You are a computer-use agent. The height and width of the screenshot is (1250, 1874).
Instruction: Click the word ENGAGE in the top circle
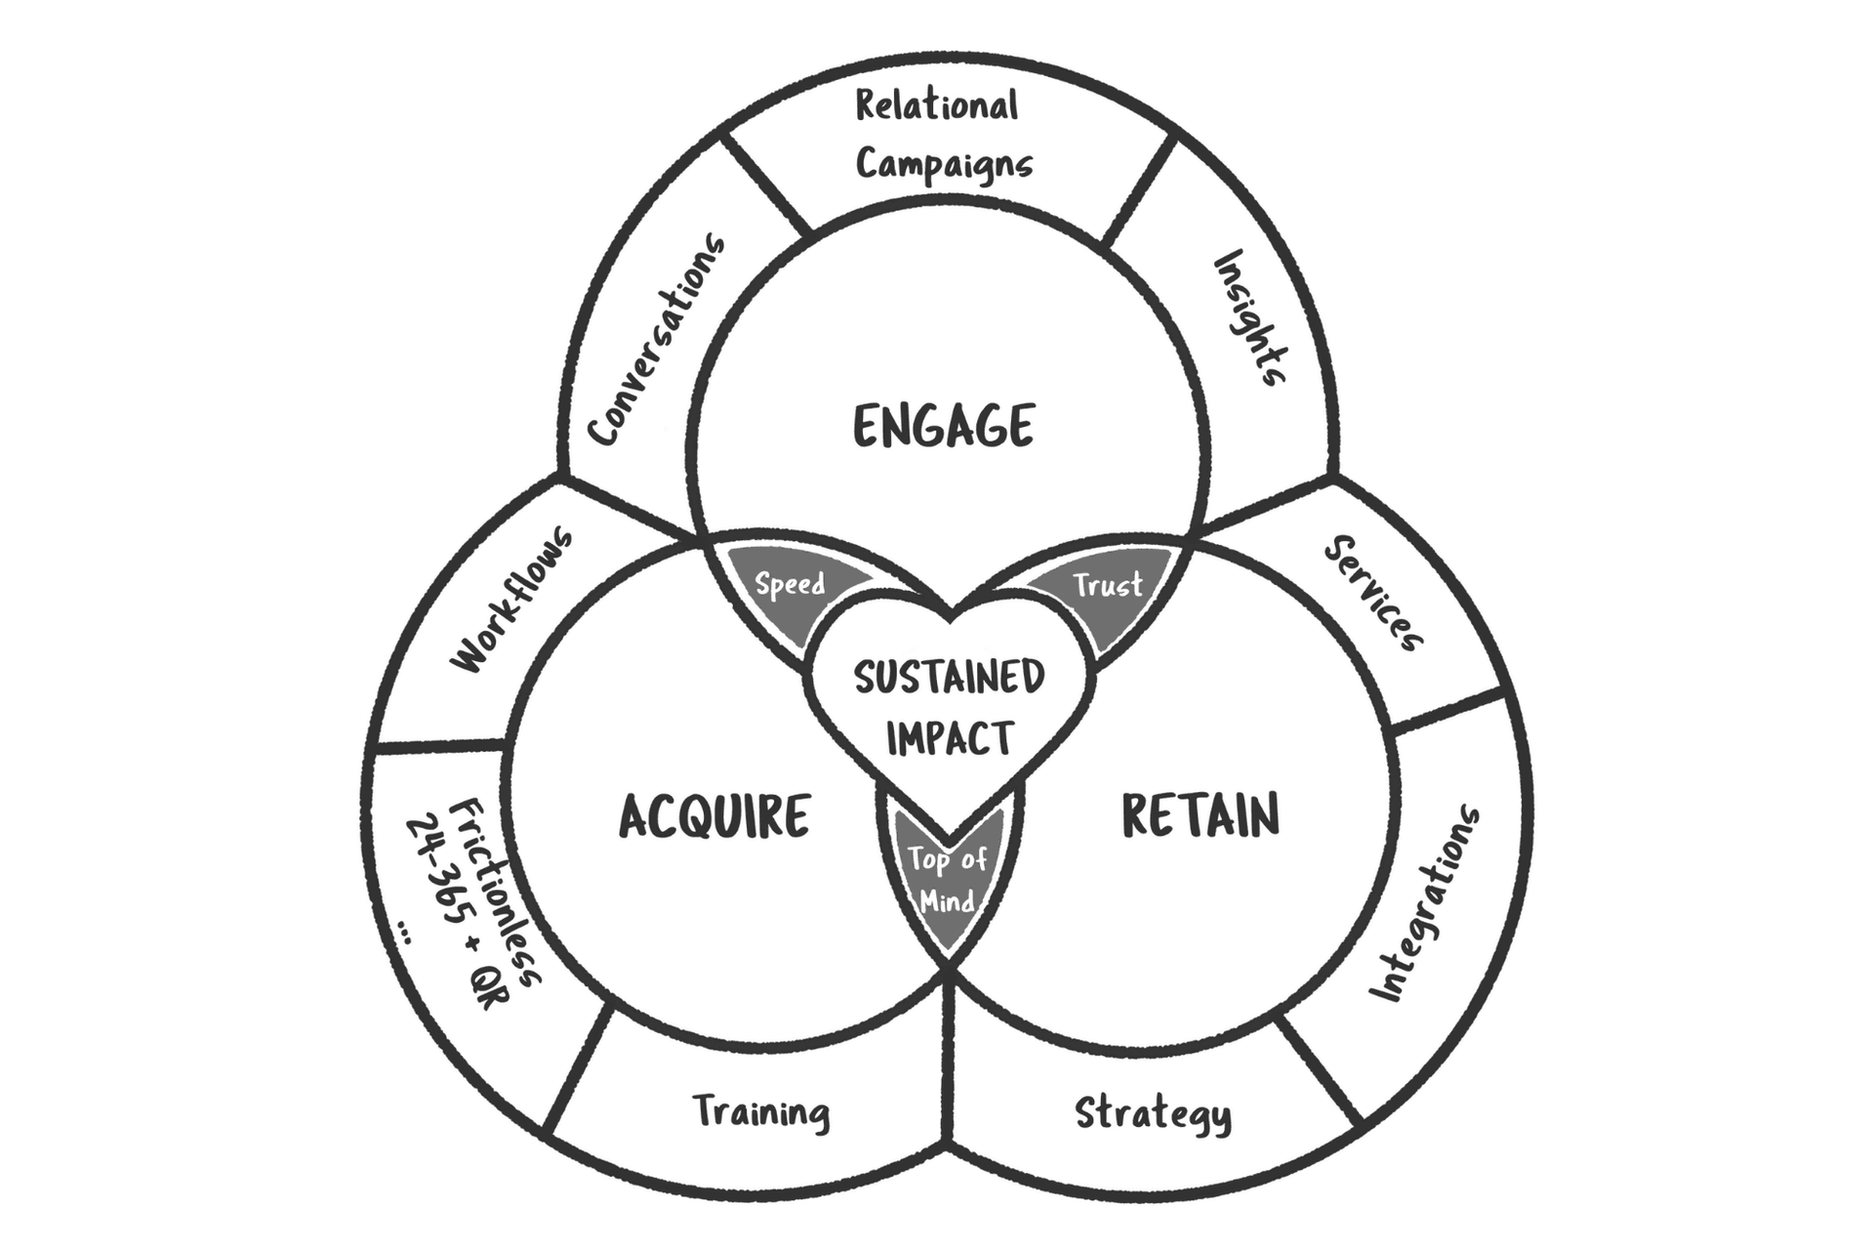[x=943, y=426]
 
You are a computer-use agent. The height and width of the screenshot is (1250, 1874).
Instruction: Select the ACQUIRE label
[x=714, y=816]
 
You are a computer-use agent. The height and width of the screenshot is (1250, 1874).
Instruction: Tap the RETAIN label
[x=1200, y=815]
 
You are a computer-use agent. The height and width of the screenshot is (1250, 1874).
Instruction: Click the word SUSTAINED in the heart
[x=949, y=677]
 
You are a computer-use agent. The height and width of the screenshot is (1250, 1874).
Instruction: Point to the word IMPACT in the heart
[x=950, y=737]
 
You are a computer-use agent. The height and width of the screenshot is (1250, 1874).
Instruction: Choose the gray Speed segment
[x=790, y=585]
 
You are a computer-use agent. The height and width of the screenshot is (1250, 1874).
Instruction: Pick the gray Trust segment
[x=1107, y=585]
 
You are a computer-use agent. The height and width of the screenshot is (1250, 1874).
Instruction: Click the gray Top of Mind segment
[x=948, y=879]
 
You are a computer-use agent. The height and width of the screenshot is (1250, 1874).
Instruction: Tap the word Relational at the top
[x=936, y=105]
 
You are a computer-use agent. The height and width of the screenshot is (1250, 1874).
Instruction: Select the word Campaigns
[x=944, y=164]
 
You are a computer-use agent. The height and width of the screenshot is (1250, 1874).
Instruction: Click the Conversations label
[x=657, y=341]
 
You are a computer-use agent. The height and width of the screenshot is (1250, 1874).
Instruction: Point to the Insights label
[x=1250, y=318]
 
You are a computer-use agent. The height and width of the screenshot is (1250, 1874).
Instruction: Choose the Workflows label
[x=511, y=600]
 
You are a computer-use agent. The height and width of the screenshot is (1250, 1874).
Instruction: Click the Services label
[x=1373, y=593]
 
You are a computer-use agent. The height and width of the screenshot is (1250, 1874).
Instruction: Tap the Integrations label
[x=1425, y=904]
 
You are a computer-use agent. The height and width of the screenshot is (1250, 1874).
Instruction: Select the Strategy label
[x=1153, y=1113]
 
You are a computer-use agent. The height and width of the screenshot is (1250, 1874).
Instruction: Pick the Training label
[x=761, y=1111]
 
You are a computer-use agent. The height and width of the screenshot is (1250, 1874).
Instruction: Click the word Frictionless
[x=495, y=891]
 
